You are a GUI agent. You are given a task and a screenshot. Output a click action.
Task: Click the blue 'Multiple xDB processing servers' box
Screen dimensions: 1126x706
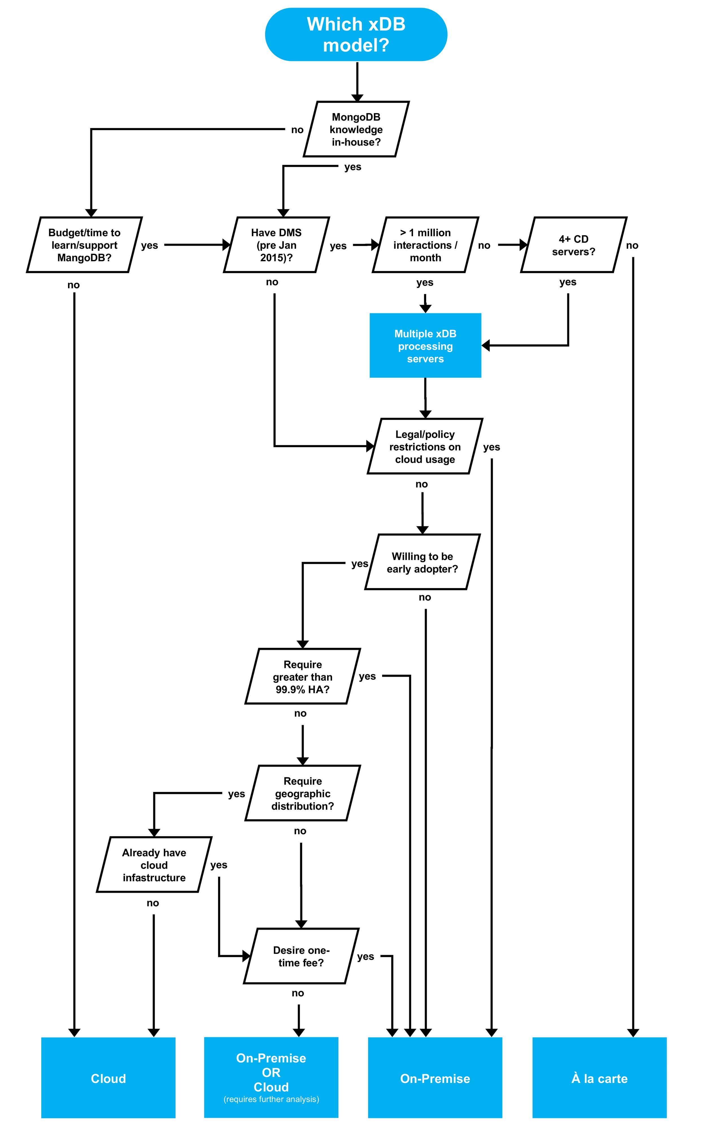point(425,346)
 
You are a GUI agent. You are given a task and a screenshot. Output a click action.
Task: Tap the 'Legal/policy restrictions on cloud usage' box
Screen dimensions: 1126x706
point(425,447)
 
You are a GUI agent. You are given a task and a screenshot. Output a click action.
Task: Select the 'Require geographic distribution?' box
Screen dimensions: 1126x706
point(302,793)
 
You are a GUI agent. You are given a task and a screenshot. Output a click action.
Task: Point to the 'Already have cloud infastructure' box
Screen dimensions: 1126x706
point(154,865)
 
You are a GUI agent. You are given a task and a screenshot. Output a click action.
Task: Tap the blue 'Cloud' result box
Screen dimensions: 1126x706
point(108,1078)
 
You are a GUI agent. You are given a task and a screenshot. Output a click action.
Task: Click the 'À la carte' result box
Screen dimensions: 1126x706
point(600,1078)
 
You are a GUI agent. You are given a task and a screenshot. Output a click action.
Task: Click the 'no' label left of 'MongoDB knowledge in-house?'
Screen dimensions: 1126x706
point(297,130)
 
